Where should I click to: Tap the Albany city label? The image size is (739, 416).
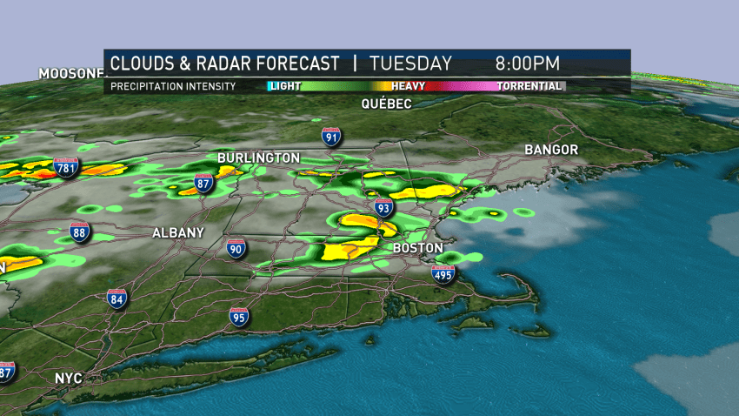point(177,232)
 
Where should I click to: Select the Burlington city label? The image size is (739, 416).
point(258,158)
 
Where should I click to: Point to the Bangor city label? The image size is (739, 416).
point(551,150)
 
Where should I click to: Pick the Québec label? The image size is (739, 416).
point(387,103)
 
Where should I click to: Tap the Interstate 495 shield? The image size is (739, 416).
point(443,275)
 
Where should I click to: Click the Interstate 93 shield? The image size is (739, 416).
point(383,207)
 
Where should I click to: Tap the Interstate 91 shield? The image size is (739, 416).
point(330,136)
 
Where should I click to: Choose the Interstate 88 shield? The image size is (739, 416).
point(80,231)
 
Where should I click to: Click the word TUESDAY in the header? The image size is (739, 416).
point(410,64)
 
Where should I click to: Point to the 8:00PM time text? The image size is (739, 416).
point(528,64)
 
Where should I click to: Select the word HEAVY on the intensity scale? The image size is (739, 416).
point(408,86)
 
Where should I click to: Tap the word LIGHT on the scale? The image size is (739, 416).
point(284,86)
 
